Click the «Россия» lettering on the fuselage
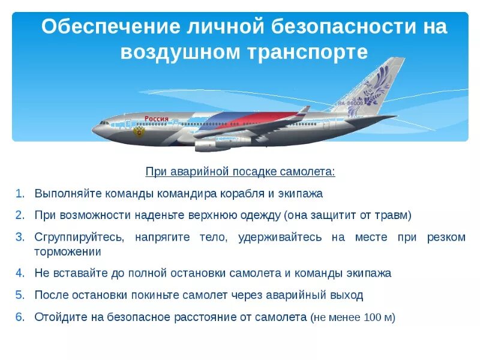coord(157,119)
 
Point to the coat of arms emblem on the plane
coord(140,130)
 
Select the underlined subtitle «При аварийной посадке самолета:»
coord(240,172)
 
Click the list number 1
coord(20,194)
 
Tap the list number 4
coord(20,273)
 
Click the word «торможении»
coord(68,252)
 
